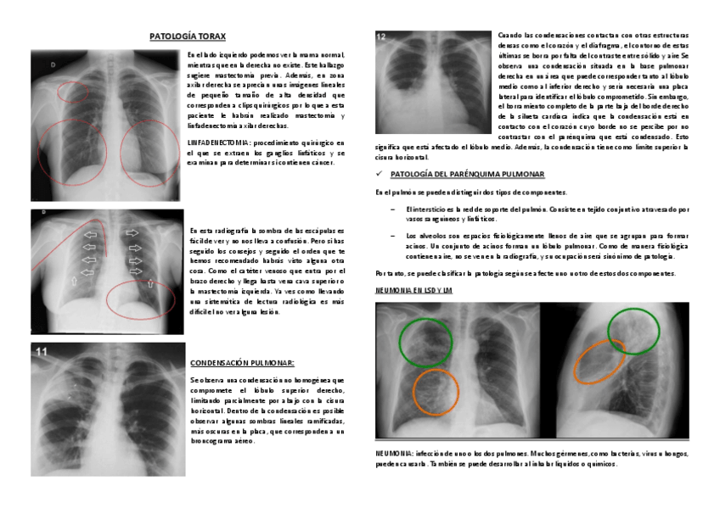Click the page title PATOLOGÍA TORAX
(187, 37)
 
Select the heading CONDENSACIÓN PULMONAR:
(242, 362)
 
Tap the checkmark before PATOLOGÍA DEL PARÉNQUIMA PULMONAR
(379, 174)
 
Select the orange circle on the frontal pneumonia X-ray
(439, 392)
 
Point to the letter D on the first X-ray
(53, 64)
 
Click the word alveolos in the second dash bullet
(430, 235)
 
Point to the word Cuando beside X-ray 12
(512, 36)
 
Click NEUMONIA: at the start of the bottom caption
(395, 454)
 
